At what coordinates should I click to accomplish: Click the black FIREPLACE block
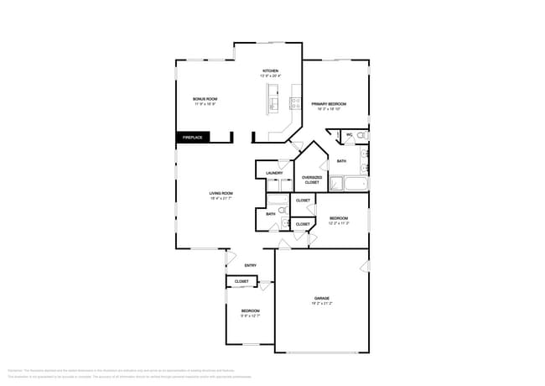(x=192, y=137)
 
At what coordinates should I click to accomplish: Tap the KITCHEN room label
(x=271, y=70)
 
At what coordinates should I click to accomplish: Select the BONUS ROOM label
(x=205, y=99)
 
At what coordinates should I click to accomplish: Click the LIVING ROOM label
(x=221, y=194)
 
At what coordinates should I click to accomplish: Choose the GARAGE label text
(x=321, y=298)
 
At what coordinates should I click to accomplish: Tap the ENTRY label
(x=250, y=266)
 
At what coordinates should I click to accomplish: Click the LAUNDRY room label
(x=274, y=173)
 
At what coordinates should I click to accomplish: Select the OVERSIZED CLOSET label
(x=312, y=180)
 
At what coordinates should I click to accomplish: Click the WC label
(x=349, y=134)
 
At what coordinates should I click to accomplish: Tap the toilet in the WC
(x=361, y=135)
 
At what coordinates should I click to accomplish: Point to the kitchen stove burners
(x=295, y=104)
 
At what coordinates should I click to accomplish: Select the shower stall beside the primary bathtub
(x=335, y=184)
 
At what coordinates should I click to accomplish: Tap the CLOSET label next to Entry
(x=241, y=281)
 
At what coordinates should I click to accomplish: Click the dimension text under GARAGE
(x=321, y=304)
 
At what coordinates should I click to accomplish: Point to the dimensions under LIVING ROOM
(x=221, y=200)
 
